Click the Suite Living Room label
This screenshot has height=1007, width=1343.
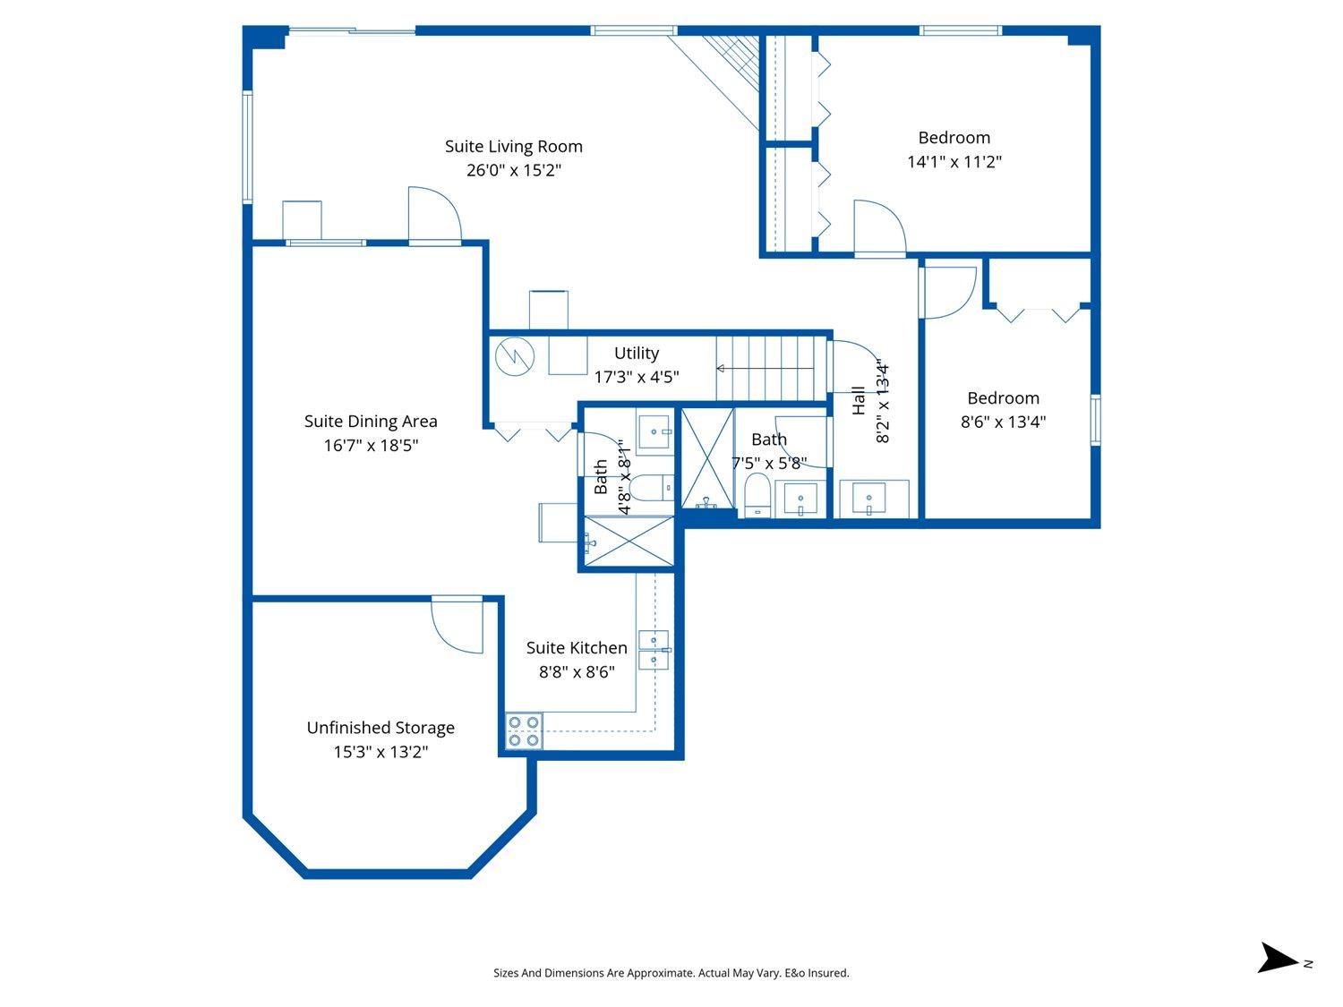click(513, 146)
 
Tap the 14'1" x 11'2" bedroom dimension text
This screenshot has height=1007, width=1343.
click(954, 162)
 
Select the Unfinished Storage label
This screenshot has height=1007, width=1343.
click(381, 728)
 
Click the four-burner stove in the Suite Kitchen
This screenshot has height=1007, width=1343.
click(524, 730)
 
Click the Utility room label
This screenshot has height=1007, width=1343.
click(636, 353)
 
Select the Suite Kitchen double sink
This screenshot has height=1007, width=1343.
click(654, 650)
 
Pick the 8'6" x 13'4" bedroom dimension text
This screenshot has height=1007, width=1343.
click(1003, 422)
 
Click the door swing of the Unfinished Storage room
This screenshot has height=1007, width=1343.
click(457, 624)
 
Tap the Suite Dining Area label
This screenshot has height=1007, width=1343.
click(371, 421)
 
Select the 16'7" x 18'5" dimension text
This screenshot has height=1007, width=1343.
click(371, 445)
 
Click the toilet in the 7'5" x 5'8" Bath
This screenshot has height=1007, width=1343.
click(757, 494)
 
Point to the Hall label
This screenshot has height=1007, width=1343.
click(859, 400)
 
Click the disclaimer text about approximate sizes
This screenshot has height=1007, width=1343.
click(671, 972)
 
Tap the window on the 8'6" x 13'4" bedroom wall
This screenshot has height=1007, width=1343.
click(1095, 419)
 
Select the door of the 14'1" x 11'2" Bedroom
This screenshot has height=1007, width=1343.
click(879, 228)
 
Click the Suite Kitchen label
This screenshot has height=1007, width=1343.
click(577, 647)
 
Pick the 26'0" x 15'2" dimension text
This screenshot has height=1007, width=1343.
click(513, 170)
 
